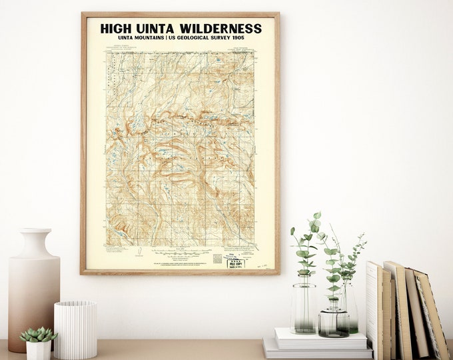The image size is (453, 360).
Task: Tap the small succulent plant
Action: tap(38, 333)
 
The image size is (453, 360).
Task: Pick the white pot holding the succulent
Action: tap(38, 349)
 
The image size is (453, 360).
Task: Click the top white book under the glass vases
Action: tap(320, 338)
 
